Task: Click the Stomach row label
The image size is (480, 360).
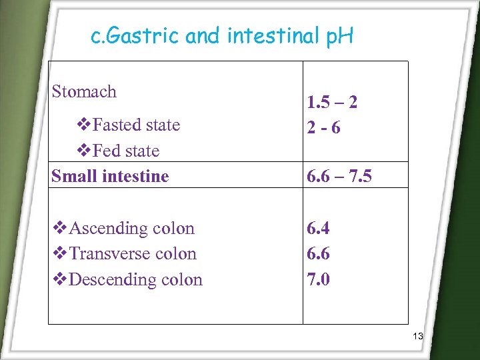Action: pos(84,91)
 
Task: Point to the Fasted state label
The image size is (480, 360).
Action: pos(136,125)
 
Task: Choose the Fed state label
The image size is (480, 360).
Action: pos(126,151)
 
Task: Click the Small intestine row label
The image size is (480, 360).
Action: pos(110,176)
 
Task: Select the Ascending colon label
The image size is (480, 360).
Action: pos(131,228)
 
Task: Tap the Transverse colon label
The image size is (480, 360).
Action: pos(133,253)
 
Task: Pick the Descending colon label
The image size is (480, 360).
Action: pos(135,279)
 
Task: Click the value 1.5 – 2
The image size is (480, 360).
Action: pos(332,102)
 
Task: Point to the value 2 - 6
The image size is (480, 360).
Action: pos(323,127)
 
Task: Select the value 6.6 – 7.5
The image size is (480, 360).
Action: pos(339,176)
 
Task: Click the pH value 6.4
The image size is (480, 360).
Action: pos(318,228)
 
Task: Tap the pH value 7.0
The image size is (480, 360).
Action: pos(318,279)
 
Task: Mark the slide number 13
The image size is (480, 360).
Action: pos(417,336)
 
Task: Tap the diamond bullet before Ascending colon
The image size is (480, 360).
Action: pos(59,228)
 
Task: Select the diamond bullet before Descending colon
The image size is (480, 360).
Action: pos(59,279)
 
